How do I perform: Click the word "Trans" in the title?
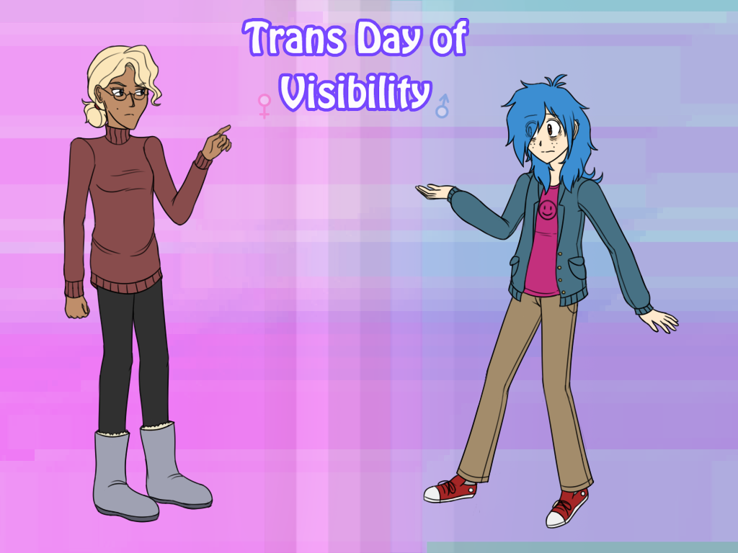(294, 37)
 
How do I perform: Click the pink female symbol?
(264, 106)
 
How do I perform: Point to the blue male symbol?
(443, 106)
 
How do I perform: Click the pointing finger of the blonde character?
(223, 130)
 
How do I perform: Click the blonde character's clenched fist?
(76, 307)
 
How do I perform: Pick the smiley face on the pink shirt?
(547, 210)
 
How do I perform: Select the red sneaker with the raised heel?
(568, 508)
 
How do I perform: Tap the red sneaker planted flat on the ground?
(450, 489)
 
